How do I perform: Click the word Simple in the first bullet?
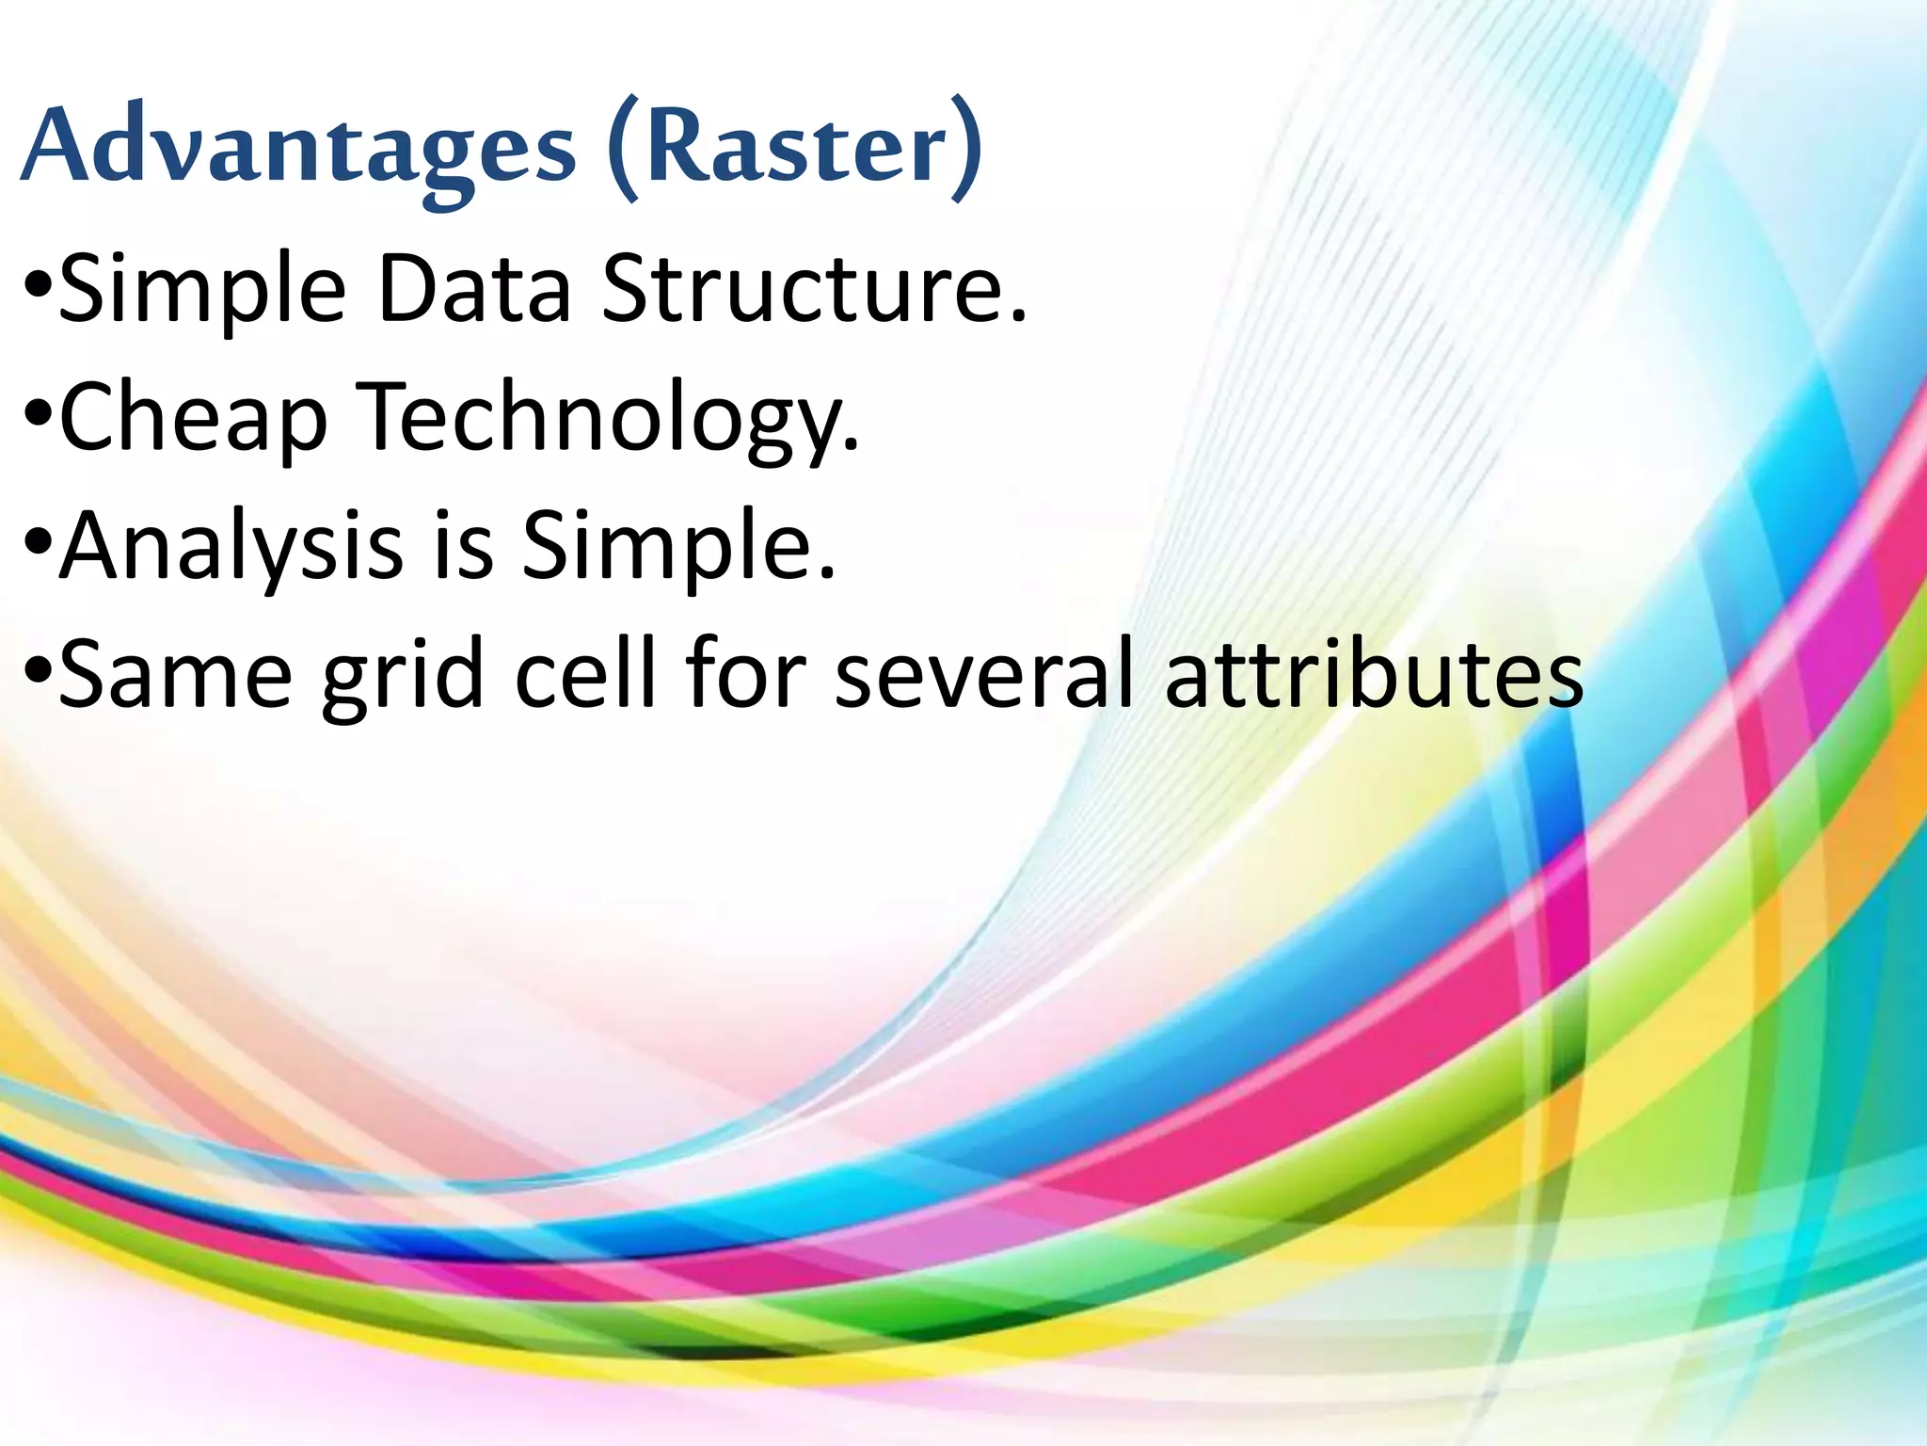coord(202,290)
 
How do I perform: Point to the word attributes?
coord(1375,673)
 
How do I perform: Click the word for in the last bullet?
coord(745,673)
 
